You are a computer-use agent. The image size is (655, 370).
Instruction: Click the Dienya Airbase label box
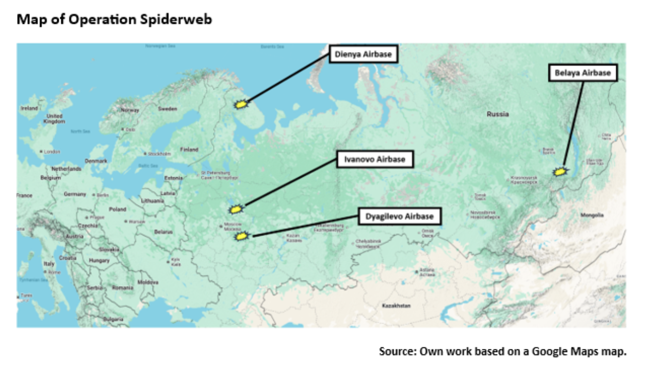[363, 54]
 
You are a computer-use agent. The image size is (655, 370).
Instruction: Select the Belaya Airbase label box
[582, 73]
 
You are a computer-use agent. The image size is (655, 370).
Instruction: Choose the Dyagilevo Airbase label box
[400, 216]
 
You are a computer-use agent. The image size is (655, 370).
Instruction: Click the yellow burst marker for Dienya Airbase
[240, 105]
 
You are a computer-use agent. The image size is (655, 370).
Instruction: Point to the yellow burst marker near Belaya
[560, 172]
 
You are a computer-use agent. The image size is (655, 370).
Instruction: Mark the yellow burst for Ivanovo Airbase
[236, 209]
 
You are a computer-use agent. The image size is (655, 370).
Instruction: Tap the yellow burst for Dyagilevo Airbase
[241, 237]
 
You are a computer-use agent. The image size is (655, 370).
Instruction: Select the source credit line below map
[502, 351]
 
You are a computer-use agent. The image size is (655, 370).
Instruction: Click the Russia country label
[497, 114]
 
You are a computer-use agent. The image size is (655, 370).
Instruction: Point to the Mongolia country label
[592, 215]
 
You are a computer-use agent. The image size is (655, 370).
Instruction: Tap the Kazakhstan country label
[396, 306]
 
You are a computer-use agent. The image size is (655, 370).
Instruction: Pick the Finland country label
[189, 149]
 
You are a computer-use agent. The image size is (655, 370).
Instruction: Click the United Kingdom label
[54, 119]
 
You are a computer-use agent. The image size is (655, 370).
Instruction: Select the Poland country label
[117, 209]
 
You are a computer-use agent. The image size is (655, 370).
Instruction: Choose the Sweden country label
[168, 109]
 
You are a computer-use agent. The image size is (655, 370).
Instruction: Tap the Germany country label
[75, 194]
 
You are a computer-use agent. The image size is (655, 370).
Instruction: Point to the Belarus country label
[163, 232]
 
